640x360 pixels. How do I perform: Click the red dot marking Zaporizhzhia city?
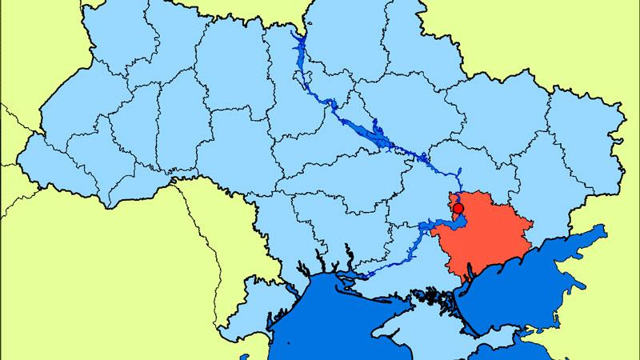(458, 210)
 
